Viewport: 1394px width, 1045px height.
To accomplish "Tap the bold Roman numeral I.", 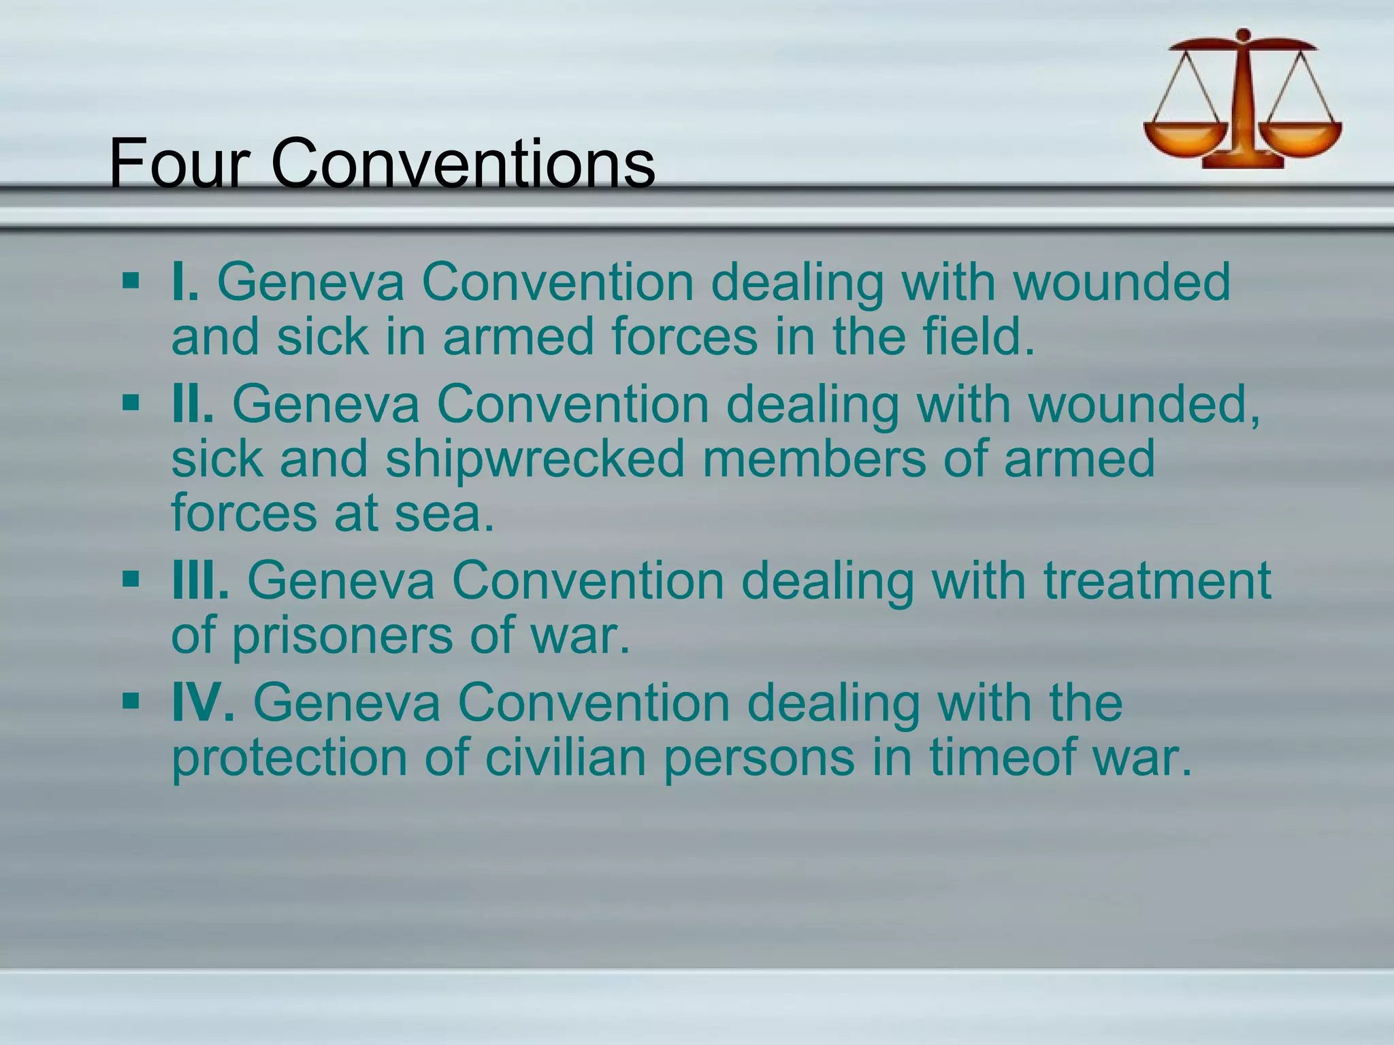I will (184, 282).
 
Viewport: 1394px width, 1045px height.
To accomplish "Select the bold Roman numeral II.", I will (193, 404).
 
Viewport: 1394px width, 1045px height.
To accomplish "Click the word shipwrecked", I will (535, 460).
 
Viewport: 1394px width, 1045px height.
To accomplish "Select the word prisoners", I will (342, 635).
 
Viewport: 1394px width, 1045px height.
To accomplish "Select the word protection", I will (289, 759).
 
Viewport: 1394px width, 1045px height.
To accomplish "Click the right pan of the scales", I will (1301, 136).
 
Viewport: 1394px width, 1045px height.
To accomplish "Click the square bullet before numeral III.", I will (131, 580).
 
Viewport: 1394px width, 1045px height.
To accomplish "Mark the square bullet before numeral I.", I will (131, 281).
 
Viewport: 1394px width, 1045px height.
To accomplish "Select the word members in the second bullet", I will (814, 459).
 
